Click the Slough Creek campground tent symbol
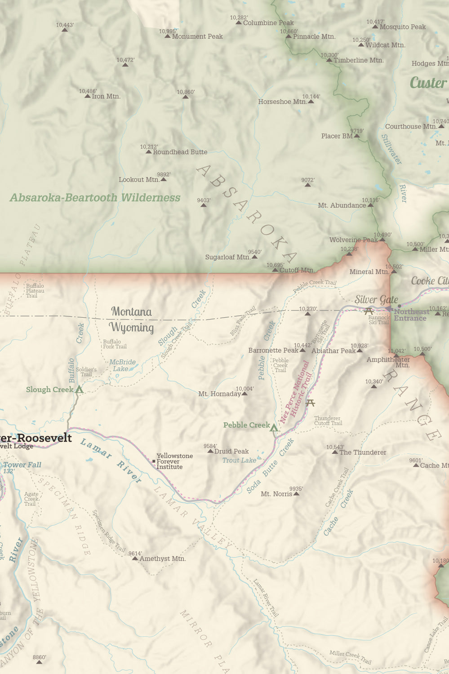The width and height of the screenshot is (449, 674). [79, 389]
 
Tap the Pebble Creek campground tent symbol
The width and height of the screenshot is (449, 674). [274, 428]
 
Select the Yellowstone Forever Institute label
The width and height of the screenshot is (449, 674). [174, 461]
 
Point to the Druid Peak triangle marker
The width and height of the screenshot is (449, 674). [210, 451]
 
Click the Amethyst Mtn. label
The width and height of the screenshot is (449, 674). [163, 559]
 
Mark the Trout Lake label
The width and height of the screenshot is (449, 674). [239, 460]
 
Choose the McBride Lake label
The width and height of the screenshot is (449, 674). [122, 365]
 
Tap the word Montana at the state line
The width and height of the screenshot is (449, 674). [131, 311]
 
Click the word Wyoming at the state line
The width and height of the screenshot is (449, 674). [131, 327]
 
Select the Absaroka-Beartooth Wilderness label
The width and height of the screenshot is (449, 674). [95, 198]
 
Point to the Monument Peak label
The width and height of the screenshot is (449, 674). [197, 36]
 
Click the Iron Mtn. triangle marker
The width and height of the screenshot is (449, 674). [88, 96]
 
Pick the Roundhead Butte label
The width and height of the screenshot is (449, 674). [180, 152]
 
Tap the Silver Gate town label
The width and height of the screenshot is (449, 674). [376, 300]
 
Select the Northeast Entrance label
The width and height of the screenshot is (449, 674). [411, 315]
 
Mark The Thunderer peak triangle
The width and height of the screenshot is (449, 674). [335, 452]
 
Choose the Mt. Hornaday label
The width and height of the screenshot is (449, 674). [219, 394]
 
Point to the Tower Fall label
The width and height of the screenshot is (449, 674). [22, 465]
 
